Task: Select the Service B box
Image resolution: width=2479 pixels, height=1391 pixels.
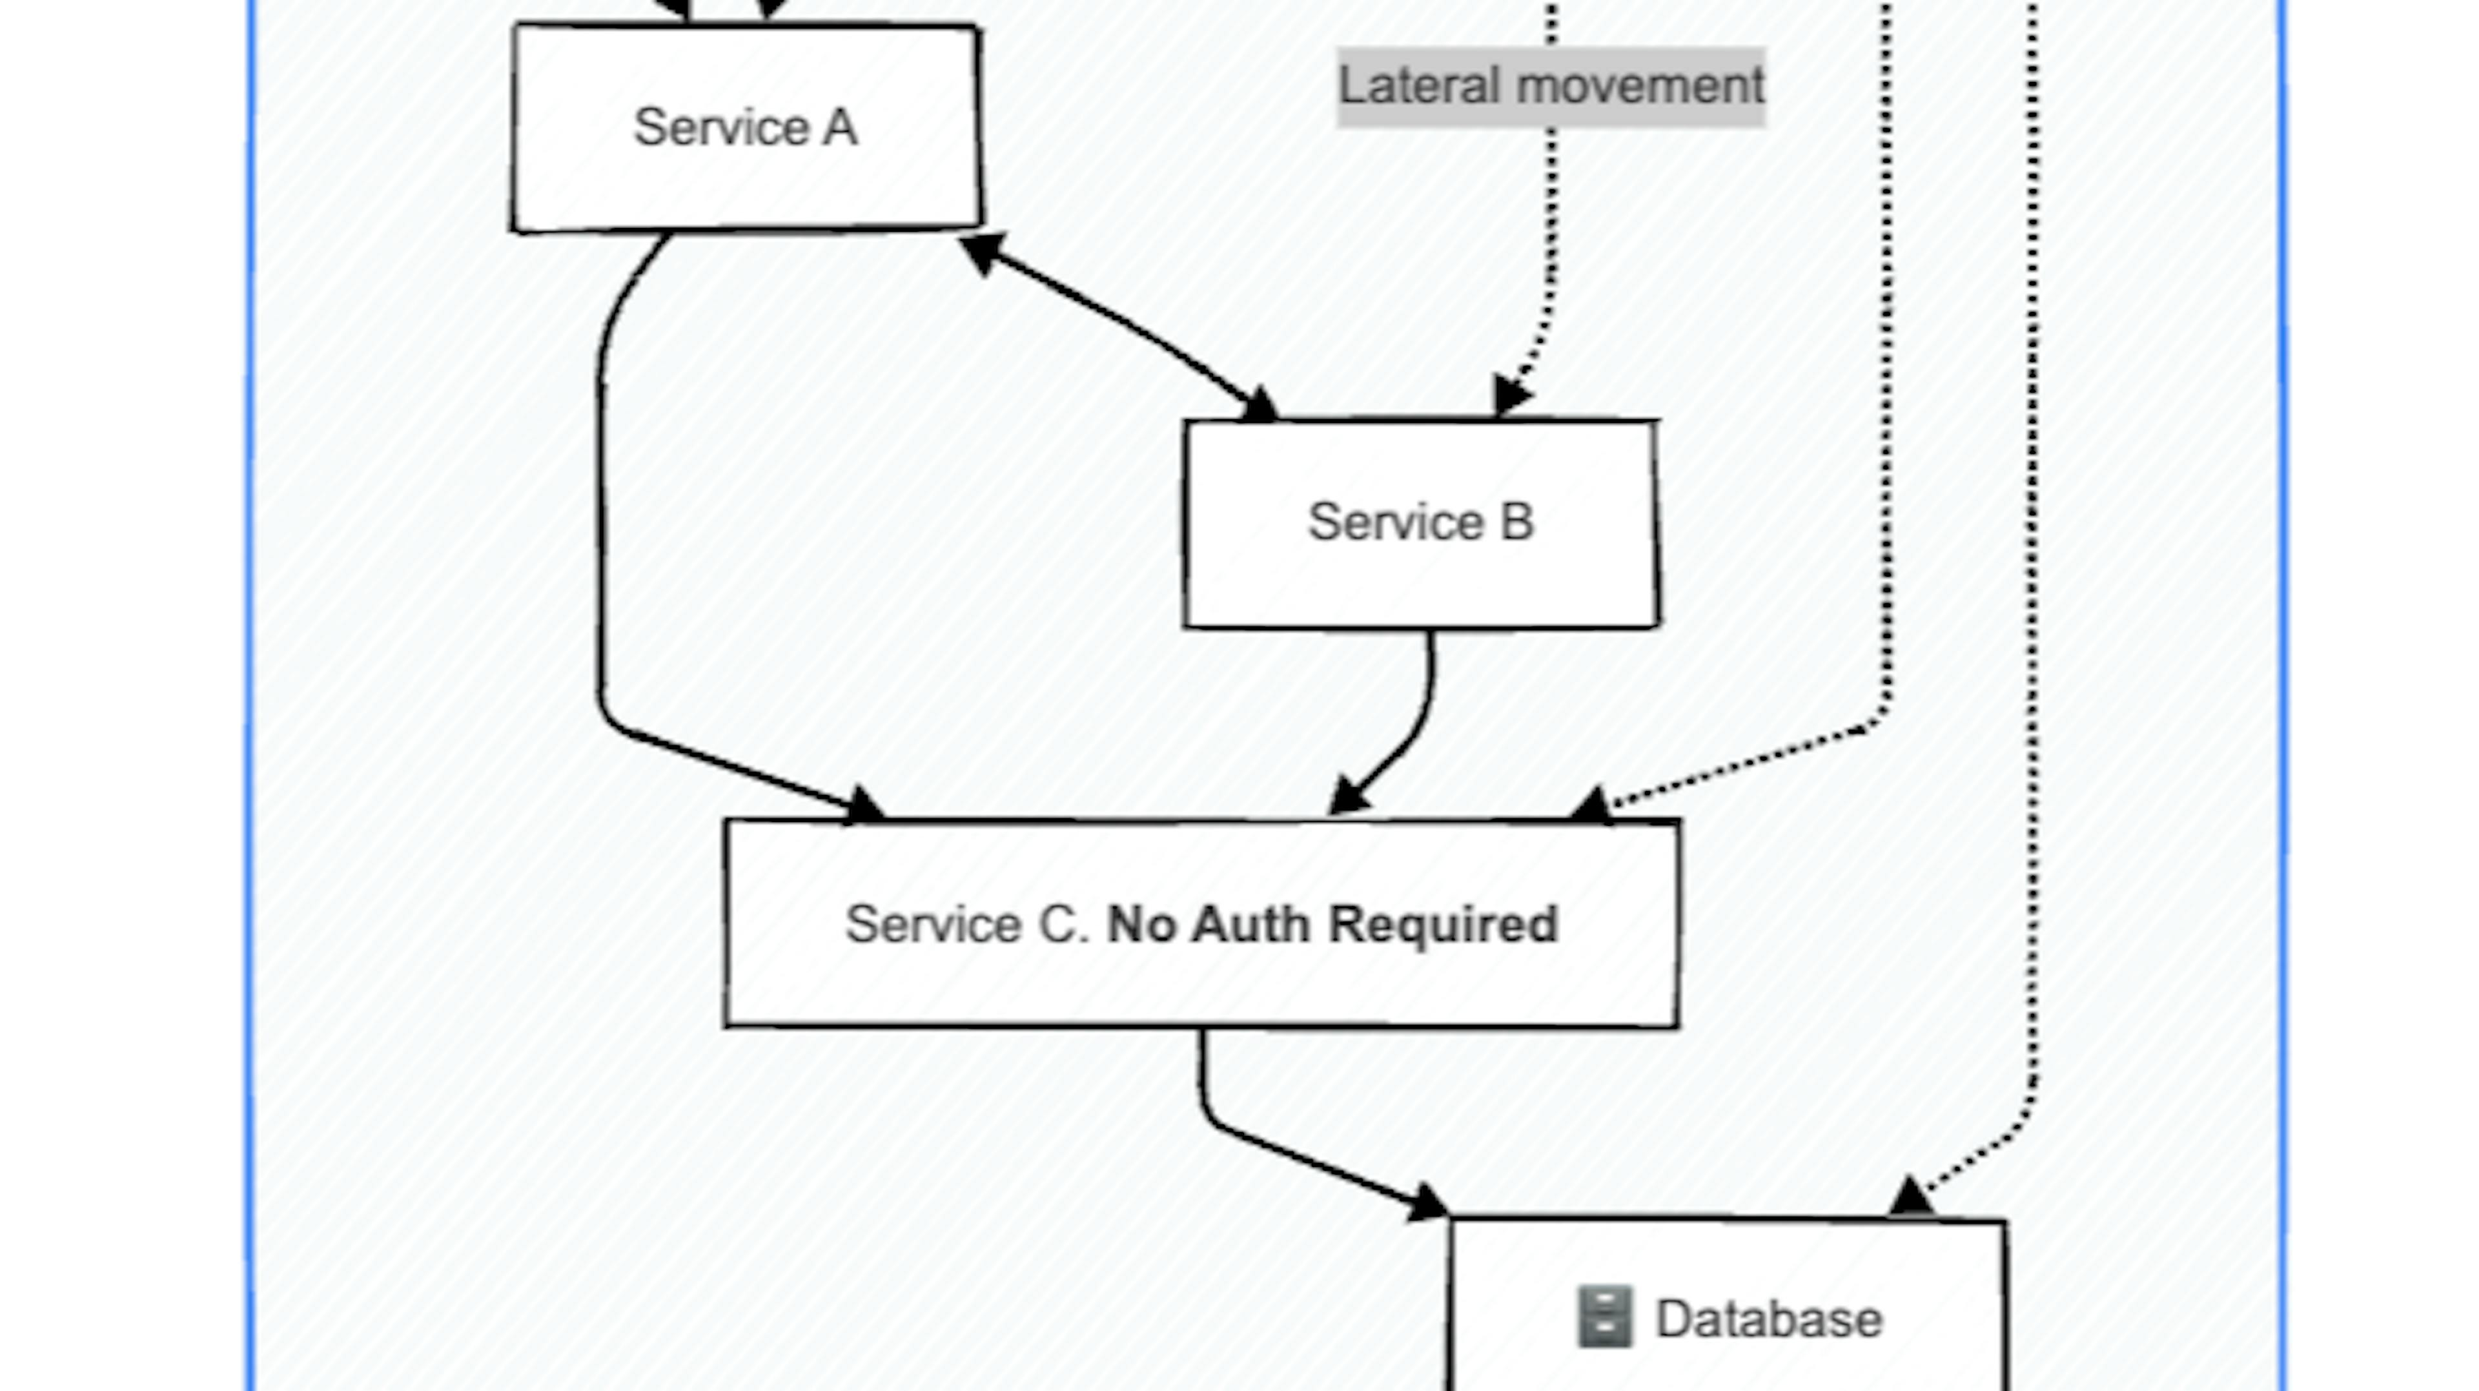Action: tap(1420, 577)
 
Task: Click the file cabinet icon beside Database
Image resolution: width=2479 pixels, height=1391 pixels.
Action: tap(1604, 1317)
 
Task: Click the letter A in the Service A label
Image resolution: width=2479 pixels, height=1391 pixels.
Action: tap(839, 128)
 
